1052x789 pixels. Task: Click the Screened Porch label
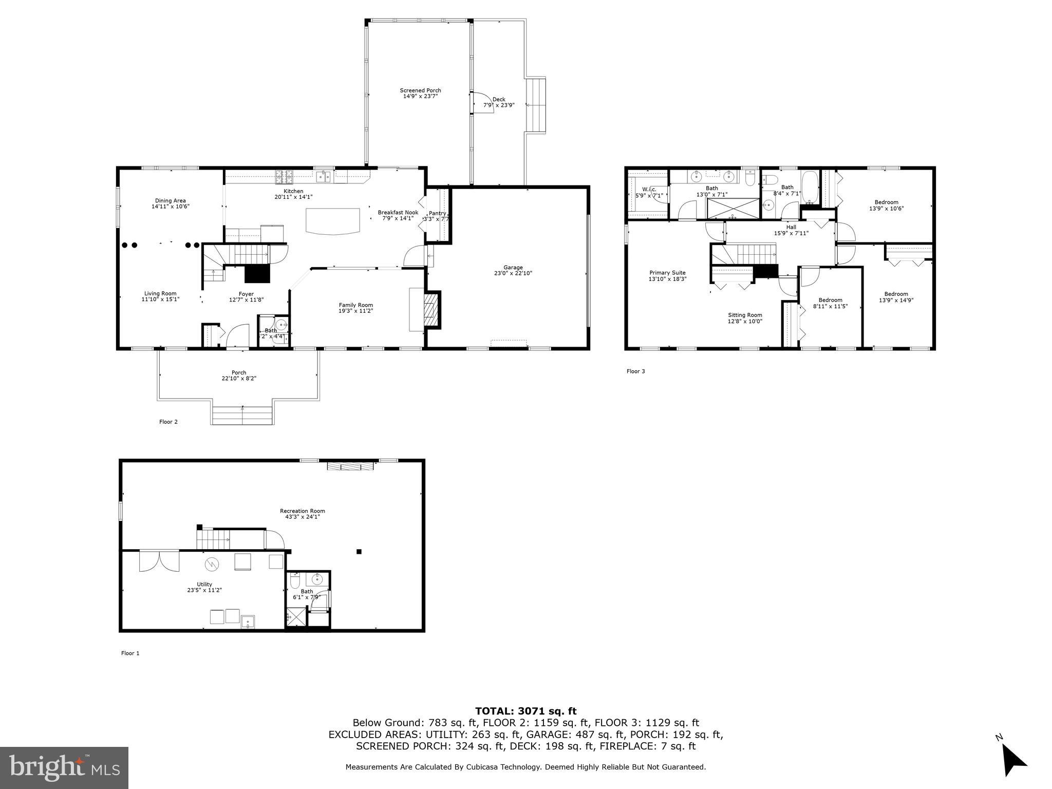tap(420, 93)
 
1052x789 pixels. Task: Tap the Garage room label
tap(513, 270)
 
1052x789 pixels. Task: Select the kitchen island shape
tap(333, 221)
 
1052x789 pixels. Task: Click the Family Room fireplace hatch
tap(431, 310)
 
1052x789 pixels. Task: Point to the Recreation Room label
tap(302, 514)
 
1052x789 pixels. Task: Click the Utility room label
tap(204, 587)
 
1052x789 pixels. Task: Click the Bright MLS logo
tap(64, 767)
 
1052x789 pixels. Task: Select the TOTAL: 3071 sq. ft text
tap(525, 711)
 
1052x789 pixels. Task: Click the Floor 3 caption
tap(635, 371)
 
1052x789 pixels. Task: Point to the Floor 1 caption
tap(130, 653)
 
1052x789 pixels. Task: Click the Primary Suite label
tap(667, 276)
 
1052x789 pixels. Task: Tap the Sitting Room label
tap(745, 318)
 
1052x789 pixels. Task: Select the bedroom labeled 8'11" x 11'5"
tap(830, 303)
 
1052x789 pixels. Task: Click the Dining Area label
tap(171, 203)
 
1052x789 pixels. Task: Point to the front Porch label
tap(239, 375)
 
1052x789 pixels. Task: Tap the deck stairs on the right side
tap(536, 105)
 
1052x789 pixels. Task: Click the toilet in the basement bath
tap(295, 581)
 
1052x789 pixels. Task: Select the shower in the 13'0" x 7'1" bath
tap(733, 209)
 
